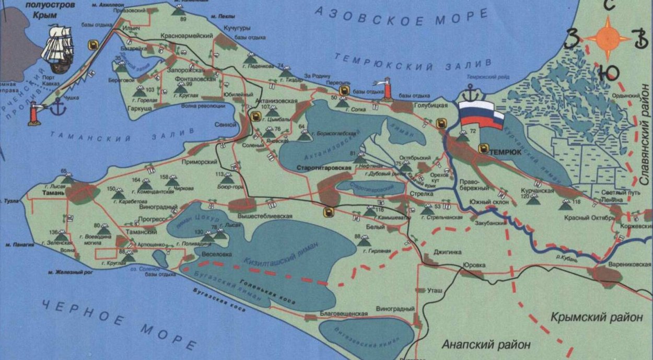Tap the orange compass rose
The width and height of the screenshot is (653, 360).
(607, 38)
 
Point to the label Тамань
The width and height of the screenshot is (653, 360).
(53, 192)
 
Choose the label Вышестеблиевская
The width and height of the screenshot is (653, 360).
(264, 216)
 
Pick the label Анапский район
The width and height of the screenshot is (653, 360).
(486, 345)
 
